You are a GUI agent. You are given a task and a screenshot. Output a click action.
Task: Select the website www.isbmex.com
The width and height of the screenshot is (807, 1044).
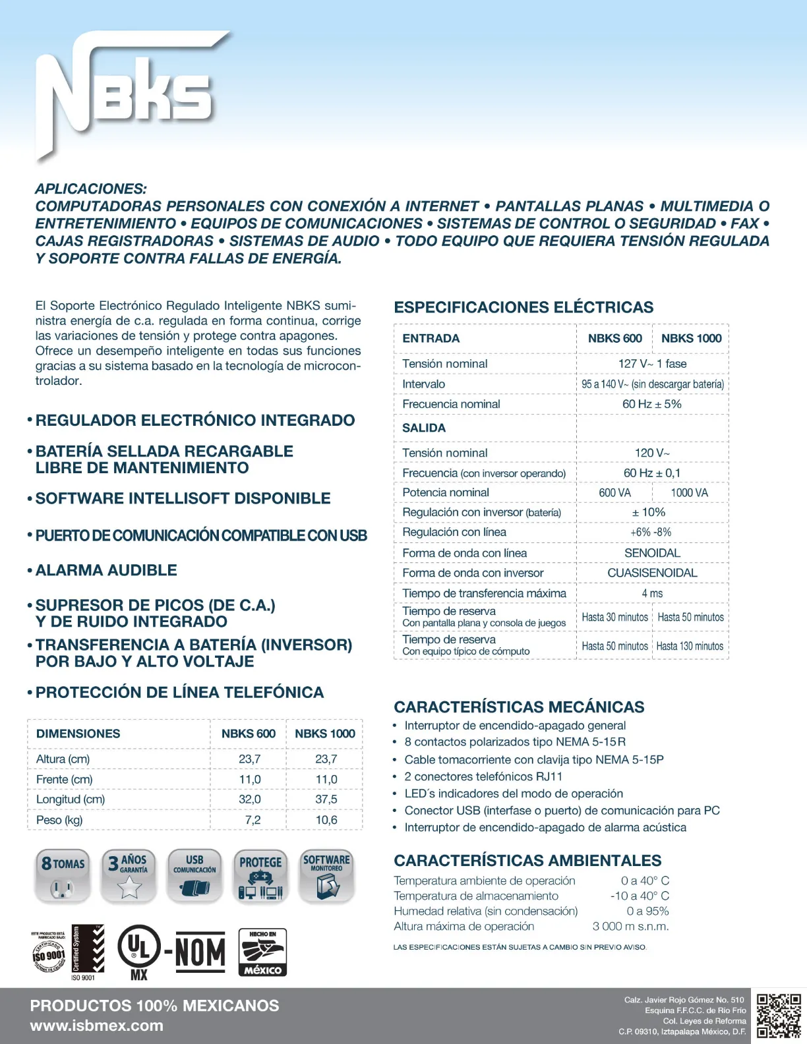tap(96, 1026)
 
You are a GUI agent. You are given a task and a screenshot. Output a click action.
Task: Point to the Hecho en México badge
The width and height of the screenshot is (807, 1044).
tap(262, 952)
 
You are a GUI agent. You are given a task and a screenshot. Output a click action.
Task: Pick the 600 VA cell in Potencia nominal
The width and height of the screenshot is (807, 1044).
tap(614, 493)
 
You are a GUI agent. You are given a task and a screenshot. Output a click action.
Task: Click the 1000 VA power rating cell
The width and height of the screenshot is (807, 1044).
tap(689, 493)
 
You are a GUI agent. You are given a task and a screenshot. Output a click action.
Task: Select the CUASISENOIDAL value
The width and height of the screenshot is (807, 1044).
tap(652, 573)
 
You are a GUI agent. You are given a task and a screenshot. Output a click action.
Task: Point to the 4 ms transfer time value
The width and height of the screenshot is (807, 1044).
tap(652, 593)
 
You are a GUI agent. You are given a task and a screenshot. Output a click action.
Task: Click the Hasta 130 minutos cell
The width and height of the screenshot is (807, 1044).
tap(690, 646)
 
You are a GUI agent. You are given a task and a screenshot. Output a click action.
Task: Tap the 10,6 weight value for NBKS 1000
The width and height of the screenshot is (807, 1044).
tap(326, 820)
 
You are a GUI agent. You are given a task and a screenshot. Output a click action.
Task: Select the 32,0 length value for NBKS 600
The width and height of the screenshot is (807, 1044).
tap(249, 799)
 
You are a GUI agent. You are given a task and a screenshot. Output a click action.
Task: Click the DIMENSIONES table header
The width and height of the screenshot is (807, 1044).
tap(78, 734)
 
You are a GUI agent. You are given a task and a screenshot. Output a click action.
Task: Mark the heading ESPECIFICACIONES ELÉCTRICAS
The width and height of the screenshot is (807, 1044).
tap(523, 307)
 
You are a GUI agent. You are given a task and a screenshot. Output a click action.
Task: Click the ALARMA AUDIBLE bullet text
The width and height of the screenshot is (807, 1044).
tap(106, 570)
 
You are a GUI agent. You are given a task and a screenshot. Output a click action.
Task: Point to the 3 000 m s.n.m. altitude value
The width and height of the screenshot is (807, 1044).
tap(630, 926)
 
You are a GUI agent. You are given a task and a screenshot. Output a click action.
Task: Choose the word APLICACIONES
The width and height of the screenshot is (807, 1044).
tap(91, 189)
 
